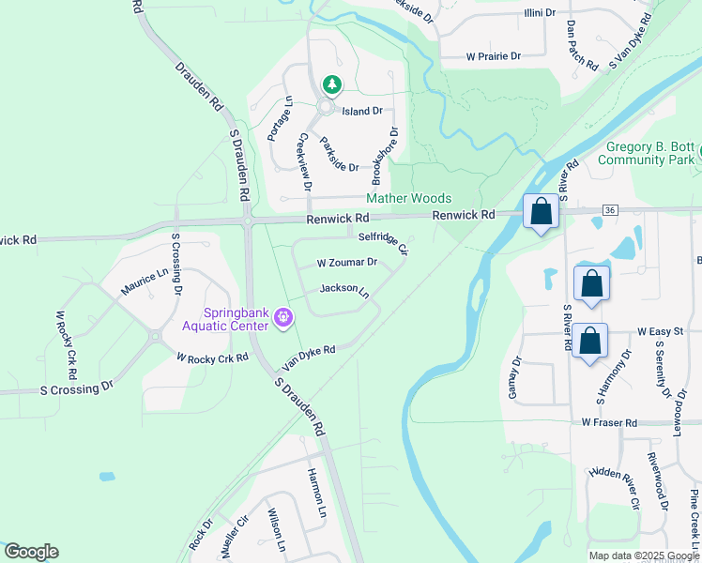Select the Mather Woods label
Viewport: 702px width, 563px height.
(x=408, y=198)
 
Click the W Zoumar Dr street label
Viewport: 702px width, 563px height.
(x=346, y=263)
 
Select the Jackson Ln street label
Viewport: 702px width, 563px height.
(x=344, y=290)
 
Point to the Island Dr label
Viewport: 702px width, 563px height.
(x=362, y=111)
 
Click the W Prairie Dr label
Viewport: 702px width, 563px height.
(x=494, y=56)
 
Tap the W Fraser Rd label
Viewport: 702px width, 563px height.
(x=609, y=423)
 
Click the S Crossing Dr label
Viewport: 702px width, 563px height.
(x=76, y=386)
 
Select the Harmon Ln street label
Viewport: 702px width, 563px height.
(x=316, y=493)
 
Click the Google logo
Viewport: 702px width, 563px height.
(x=31, y=552)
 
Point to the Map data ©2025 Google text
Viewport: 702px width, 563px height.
(x=644, y=555)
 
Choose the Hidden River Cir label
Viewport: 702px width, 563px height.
(x=615, y=487)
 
